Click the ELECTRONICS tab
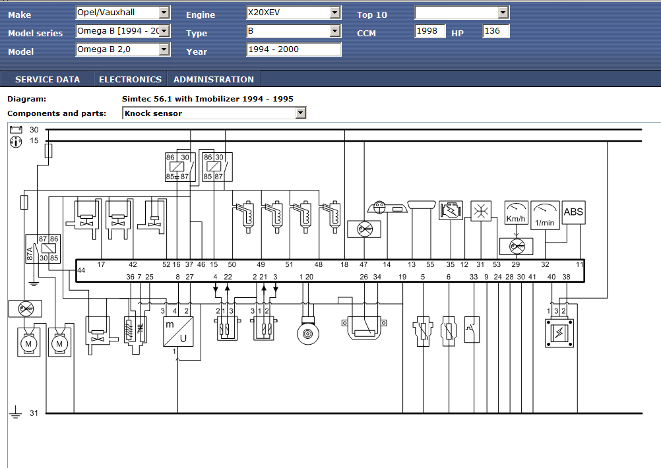pyautogui.click(x=130, y=79)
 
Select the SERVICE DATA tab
pyautogui.click(x=47, y=79)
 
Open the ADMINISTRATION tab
pyautogui.click(x=214, y=79)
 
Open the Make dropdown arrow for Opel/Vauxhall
pyautogui.click(x=164, y=13)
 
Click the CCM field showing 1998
pyautogui.click(x=429, y=31)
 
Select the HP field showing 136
pyautogui.click(x=496, y=31)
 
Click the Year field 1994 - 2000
pyautogui.click(x=294, y=49)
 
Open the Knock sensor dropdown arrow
pyautogui.click(x=300, y=113)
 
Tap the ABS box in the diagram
pyautogui.click(x=573, y=212)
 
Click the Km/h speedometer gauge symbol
pyautogui.click(x=516, y=212)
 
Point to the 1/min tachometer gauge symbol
pyautogui.click(x=545, y=215)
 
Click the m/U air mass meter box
pyautogui.click(x=178, y=332)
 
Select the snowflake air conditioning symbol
pyautogui.click(x=480, y=211)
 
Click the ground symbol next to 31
pyautogui.click(x=16, y=412)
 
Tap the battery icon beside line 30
pyautogui.click(x=16, y=129)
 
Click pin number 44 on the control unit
pyautogui.click(x=81, y=270)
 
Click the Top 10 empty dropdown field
pyautogui.click(x=462, y=13)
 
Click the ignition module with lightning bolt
pyautogui.click(x=559, y=333)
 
